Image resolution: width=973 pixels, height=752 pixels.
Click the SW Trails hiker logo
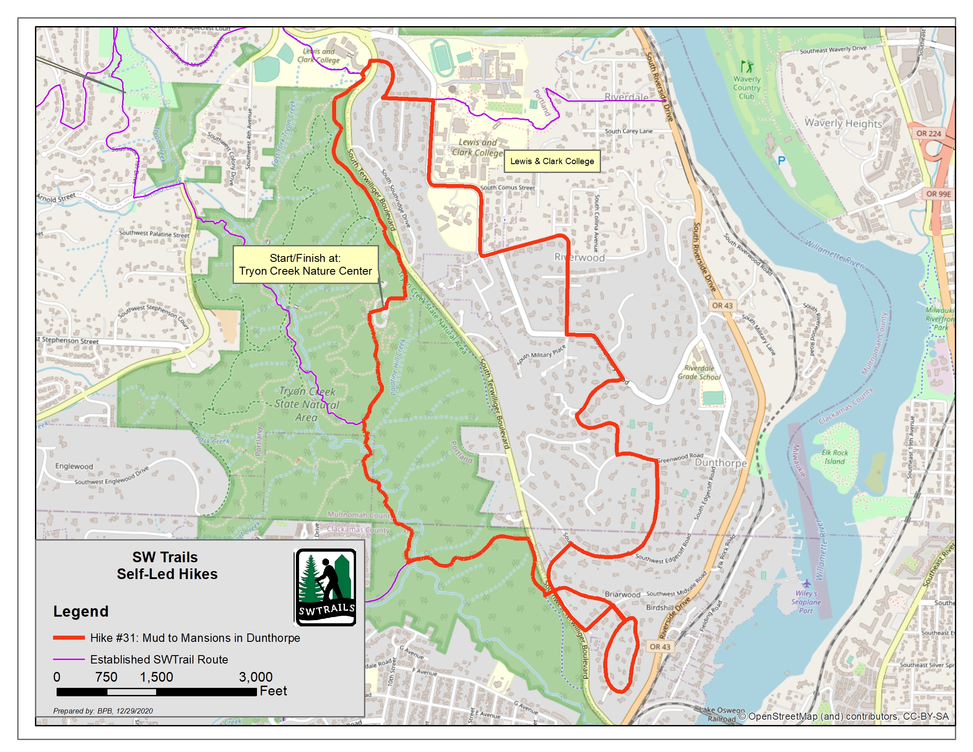[325, 587]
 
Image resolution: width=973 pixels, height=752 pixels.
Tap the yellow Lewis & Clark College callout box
[552, 161]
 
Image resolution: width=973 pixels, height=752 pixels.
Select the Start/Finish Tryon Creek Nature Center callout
[305, 265]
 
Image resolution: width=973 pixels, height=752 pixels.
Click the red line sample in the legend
[69, 638]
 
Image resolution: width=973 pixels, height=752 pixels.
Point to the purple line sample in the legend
[69, 660]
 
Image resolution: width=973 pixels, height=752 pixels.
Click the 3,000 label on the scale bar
[255, 677]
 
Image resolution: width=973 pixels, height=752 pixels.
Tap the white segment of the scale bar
[131, 692]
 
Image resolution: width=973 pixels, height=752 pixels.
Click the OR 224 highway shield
[928, 133]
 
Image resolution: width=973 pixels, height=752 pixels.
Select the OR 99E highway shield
[938, 194]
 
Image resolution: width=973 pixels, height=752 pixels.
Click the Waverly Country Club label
[747, 88]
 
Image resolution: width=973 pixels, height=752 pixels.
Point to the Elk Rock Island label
[835, 457]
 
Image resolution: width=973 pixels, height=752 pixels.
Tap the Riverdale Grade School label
[699, 372]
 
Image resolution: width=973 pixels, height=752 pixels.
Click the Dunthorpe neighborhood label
[721, 463]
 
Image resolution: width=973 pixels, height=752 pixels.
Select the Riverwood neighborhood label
[579, 257]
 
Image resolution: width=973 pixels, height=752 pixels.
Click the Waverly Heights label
[843, 123]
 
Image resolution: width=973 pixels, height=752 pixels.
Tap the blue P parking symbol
[781, 161]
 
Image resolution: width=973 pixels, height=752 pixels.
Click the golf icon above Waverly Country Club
[747, 67]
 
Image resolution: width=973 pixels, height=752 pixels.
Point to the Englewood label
[74, 466]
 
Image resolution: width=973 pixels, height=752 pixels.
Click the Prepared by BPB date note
[103, 711]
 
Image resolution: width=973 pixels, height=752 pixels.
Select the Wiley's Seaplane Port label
[806, 602]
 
